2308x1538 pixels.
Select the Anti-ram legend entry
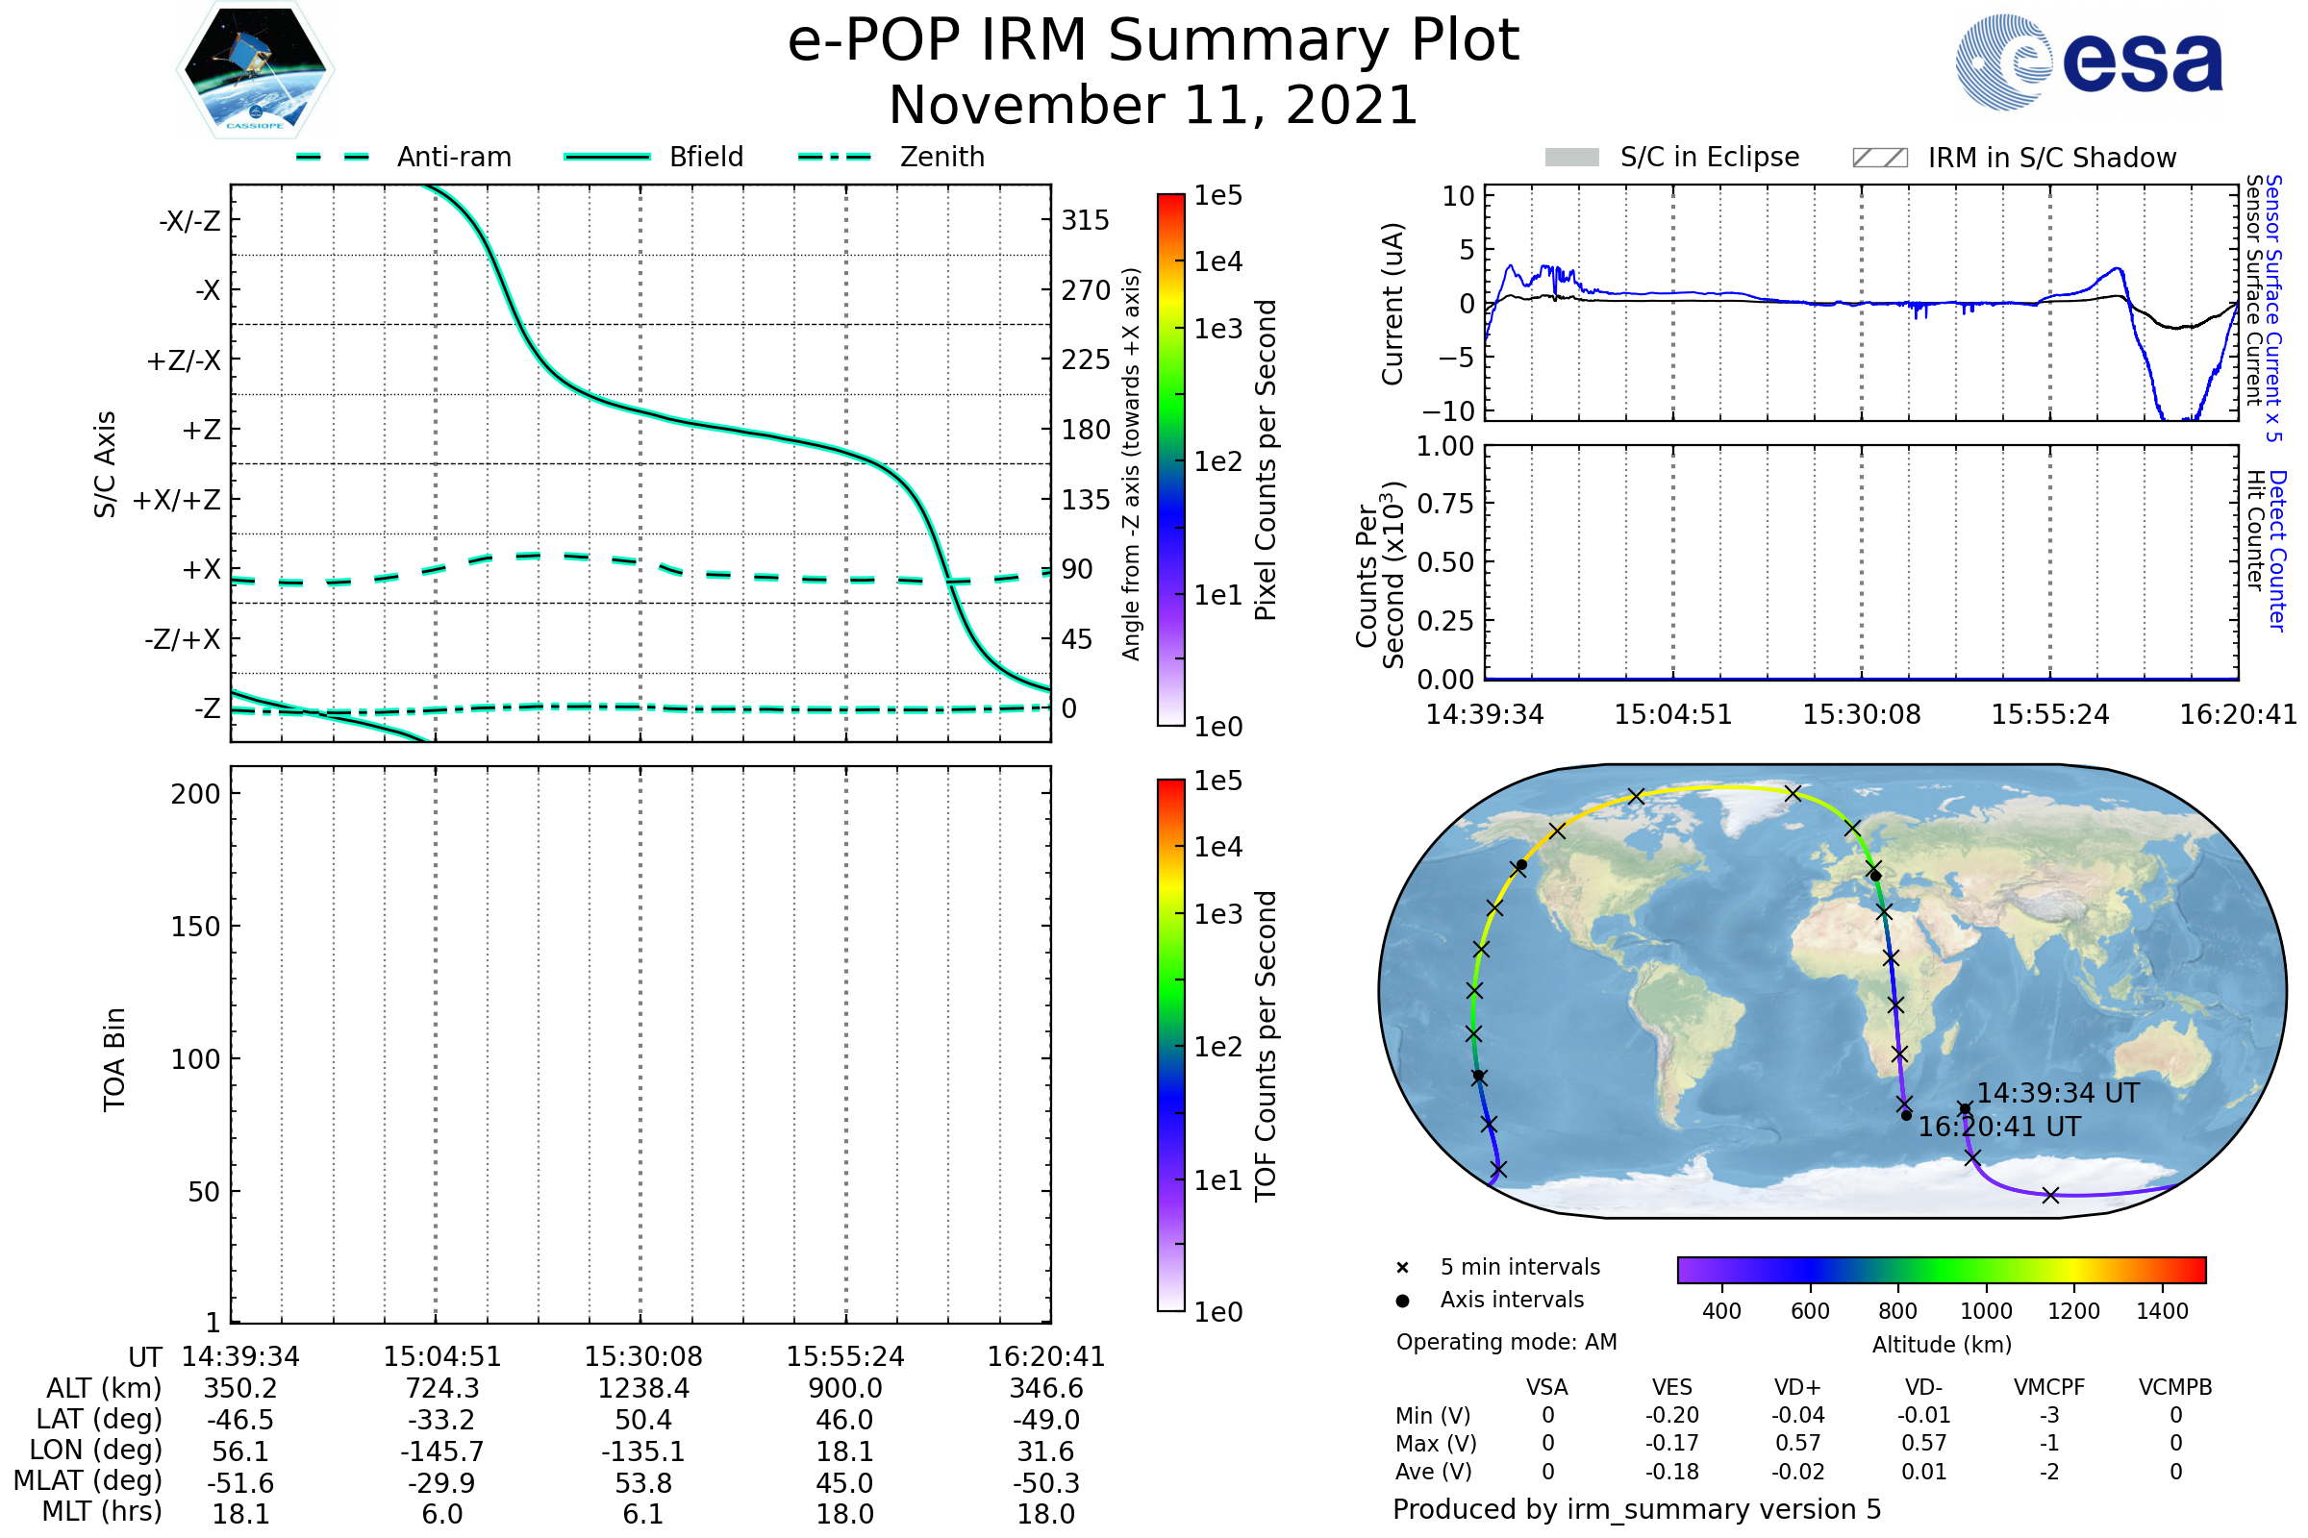pyautogui.click(x=453, y=157)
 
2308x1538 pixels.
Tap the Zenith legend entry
pyautogui.click(x=942, y=157)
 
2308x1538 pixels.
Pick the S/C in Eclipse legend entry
pyautogui.click(x=1709, y=157)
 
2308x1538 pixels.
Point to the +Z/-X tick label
pyautogui.click(x=184, y=361)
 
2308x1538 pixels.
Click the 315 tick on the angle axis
pyautogui.click(x=1085, y=220)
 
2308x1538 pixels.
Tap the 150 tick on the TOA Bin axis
pyautogui.click(x=195, y=927)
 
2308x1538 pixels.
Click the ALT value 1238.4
pyautogui.click(x=643, y=1389)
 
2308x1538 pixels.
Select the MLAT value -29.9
pyautogui.click(x=441, y=1483)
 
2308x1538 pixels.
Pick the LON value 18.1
pyautogui.click(x=845, y=1451)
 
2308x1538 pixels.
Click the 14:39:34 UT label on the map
pyautogui.click(x=2057, y=1093)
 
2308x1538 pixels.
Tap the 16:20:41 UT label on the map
pyautogui.click(x=1999, y=1127)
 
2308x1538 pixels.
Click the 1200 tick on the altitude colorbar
pyautogui.click(x=2073, y=1311)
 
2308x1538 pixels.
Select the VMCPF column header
pyautogui.click(x=2049, y=1388)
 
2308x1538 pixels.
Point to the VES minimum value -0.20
pyautogui.click(x=1672, y=1415)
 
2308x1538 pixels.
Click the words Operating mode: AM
pyautogui.click(x=1506, y=1342)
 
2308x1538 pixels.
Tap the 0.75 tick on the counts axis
pyautogui.click(x=1444, y=504)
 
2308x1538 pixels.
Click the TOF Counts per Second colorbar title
pyautogui.click(x=1266, y=1046)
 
